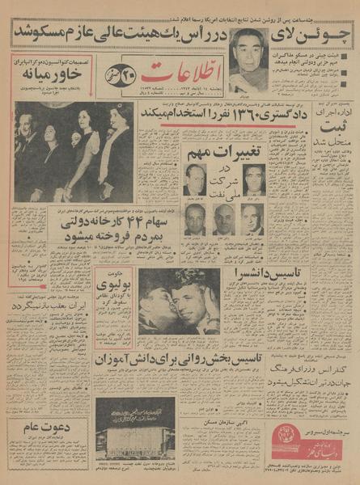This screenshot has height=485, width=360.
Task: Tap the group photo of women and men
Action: (x=74, y=151)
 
